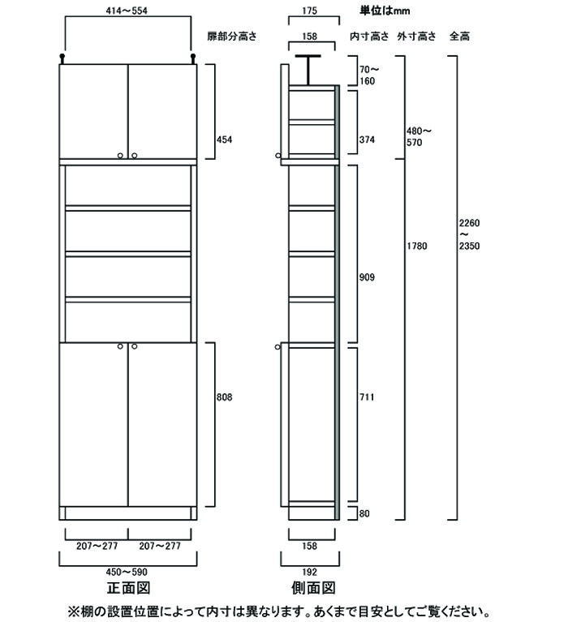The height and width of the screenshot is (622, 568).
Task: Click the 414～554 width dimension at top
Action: [x=127, y=11]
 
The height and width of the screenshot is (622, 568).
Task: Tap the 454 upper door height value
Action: [x=224, y=139]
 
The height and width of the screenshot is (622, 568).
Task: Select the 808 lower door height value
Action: [x=224, y=397]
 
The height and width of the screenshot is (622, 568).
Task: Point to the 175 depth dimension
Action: [x=310, y=11]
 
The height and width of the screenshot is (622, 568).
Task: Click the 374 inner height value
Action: [x=367, y=139]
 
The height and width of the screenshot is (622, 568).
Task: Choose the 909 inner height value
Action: [x=367, y=277]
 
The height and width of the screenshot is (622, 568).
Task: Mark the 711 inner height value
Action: [x=367, y=397]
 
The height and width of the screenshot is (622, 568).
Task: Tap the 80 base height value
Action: [x=364, y=513]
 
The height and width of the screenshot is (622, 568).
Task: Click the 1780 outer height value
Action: [x=417, y=246]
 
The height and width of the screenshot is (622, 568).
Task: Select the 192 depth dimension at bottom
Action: [x=310, y=572]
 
